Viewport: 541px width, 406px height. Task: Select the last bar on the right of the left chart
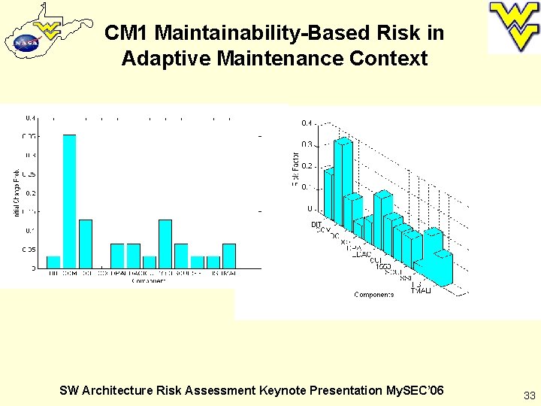(x=229, y=256)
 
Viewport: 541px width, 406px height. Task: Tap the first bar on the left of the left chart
(x=53, y=262)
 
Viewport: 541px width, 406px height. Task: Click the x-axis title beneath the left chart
(x=149, y=280)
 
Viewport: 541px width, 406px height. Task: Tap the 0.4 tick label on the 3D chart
(x=307, y=123)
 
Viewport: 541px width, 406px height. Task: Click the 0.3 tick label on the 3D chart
(x=307, y=144)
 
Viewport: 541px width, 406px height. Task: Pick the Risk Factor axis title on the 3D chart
(x=295, y=170)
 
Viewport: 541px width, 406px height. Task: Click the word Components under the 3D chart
(x=374, y=295)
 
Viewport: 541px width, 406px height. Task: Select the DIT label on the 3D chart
(x=316, y=224)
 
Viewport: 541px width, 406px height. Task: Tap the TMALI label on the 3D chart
(x=422, y=290)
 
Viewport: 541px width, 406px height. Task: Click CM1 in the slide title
(x=127, y=33)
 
